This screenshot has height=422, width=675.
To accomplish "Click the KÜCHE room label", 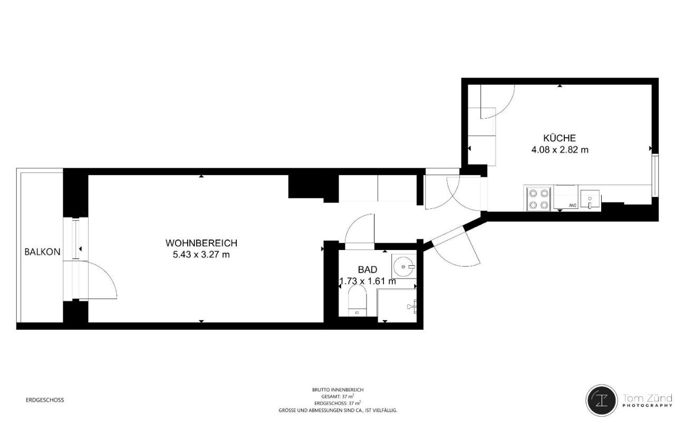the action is point(560,138).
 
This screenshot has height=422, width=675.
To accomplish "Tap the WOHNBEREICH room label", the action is point(201,243).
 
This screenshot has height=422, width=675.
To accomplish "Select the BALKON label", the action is point(43,252).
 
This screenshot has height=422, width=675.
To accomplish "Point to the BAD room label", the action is point(368,270).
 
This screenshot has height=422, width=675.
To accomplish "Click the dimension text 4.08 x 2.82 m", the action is point(560,150).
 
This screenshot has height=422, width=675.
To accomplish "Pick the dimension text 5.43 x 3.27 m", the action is point(201,255).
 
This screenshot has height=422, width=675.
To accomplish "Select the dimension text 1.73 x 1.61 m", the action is point(368,281).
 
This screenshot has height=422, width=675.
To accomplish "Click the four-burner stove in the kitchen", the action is point(538,199).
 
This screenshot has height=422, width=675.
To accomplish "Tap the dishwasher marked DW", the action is point(566,197).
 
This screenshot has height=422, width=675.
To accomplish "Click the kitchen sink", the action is point(590,199).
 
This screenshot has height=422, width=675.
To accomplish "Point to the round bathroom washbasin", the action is point(403,266).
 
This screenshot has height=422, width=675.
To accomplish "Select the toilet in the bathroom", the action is point(358,300).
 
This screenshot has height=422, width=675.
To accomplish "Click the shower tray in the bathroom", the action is point(397,305).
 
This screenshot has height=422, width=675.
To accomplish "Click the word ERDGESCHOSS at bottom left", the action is point(45,400).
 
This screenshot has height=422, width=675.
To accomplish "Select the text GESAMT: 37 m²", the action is point(338,396).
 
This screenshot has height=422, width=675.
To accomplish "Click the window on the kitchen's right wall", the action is point(655,175).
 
